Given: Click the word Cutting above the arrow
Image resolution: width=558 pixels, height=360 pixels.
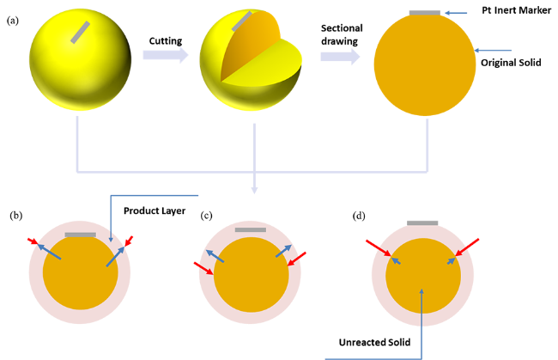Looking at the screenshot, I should click(x=165, y=40).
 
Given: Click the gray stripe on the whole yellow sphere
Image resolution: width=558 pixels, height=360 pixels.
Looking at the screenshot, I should click(x=80, y=32).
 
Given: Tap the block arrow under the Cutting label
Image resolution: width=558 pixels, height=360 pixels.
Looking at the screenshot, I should click(x=165, y=55).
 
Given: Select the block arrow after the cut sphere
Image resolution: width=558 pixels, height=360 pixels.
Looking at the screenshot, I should click(x=340, y=57).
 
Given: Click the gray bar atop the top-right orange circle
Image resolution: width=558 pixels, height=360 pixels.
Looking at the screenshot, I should click(x=424, y=12).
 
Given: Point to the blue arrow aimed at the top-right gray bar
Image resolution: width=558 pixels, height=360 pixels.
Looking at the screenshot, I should click(x=457, y=13).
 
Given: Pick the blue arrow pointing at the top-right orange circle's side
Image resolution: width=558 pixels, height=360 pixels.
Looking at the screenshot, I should click(x=494, y=51).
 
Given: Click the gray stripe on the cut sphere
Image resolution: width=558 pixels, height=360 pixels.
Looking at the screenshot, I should click(x=242, y=21).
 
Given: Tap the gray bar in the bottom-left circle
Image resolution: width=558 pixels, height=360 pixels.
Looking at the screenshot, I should click(x=80, y=235).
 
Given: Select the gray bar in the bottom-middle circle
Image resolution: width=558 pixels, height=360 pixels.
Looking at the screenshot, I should click(x=250, y=230).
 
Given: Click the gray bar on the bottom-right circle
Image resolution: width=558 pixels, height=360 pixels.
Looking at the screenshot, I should click(x=422, y=223).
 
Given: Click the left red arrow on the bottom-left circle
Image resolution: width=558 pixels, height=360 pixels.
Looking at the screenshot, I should click(x=33, y=241).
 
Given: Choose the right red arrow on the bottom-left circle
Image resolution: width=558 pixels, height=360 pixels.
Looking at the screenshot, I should click(x=129, y=241).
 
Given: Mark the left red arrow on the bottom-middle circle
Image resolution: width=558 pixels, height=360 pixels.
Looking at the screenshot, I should click(x=203, y=268).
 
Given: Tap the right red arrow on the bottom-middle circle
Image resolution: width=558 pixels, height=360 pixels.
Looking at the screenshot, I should click(x=297, y=258).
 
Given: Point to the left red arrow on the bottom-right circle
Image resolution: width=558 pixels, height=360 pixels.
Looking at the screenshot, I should click(x=378, y=247).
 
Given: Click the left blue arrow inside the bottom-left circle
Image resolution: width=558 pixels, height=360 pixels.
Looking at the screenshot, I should click(x=49, y=252).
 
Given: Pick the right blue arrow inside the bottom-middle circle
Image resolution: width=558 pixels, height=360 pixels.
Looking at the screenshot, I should click(x=284, y=251).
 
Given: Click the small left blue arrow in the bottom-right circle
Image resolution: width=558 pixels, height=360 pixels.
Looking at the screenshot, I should click(x=396, y=260).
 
